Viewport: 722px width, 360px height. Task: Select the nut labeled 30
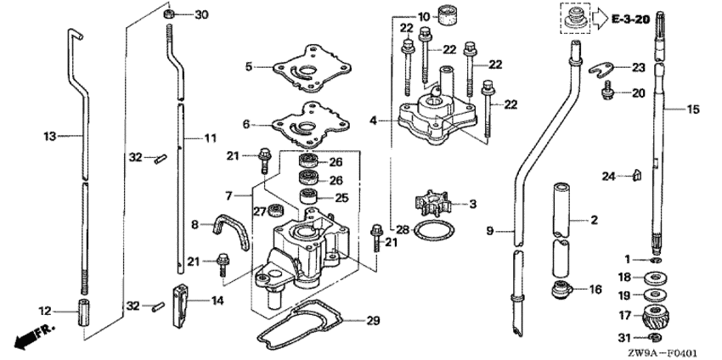tap(169, 14)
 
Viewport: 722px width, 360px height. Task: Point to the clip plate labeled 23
tap(603, 69)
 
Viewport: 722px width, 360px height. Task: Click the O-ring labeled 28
tap(434, 231)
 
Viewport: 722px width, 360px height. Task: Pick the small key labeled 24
tap(637, 176)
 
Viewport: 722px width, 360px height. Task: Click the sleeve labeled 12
tap(83, 312)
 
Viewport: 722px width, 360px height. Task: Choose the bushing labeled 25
tap(309, 197)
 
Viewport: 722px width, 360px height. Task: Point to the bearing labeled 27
tap(276, 210)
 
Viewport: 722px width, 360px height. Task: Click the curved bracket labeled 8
tap(230, 229)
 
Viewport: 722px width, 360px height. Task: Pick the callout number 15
tap(692, 110)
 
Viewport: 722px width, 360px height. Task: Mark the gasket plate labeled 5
tap(312, 69)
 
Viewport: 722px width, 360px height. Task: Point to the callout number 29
tap(373, 321)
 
